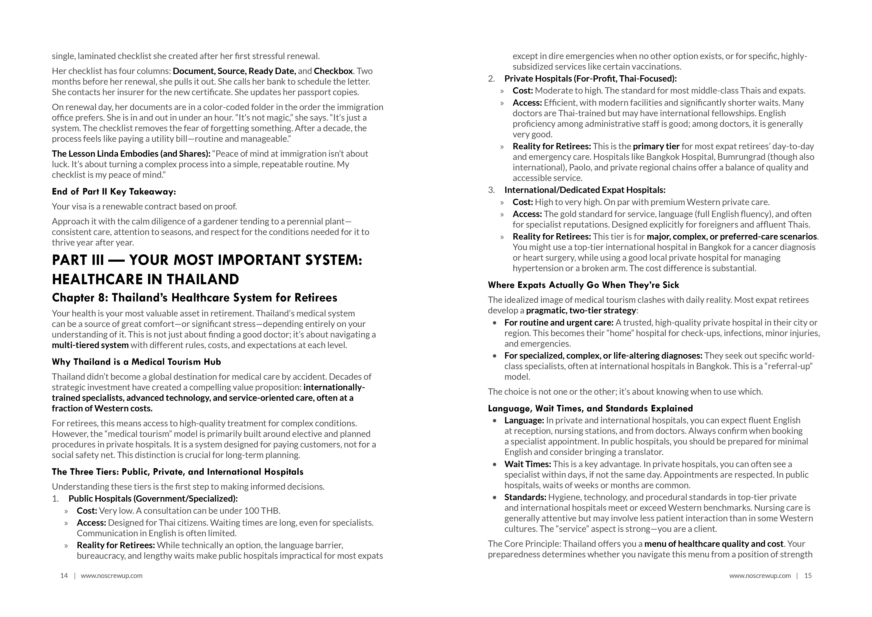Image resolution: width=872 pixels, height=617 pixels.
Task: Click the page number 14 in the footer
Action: pos(64,576)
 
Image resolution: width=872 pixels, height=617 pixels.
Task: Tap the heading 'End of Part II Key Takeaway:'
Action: pos(114,192)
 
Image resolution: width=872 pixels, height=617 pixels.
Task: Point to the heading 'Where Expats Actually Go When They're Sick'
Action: pos(583,285)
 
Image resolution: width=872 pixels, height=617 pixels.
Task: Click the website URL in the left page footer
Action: pos(112,576)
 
